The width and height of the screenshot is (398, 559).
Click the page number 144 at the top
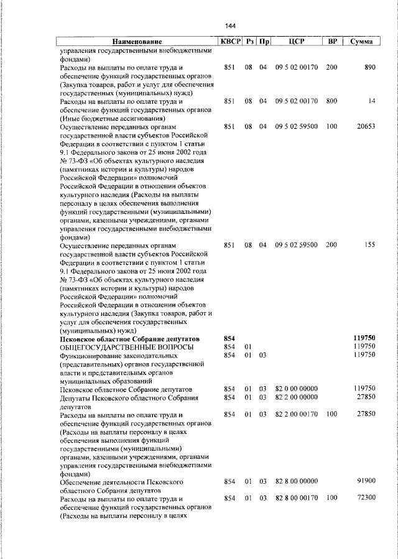pos(231,25)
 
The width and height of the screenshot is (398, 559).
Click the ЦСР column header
pos(296,41)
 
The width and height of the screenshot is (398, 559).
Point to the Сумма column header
pos(361,41)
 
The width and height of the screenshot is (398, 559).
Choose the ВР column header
pos(332,41)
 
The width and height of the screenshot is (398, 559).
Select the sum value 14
pos(371,100)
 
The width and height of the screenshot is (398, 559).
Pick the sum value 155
pos(369,244)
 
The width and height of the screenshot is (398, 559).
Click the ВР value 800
pos(331,100)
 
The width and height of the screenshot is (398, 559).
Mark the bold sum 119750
pos(363,338)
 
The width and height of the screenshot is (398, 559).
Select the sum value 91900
pos(365,481)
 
